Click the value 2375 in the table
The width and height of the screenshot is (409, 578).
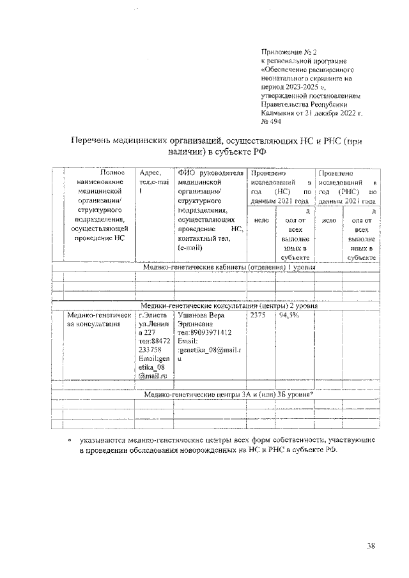point(258,316)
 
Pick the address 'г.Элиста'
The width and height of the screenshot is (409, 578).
point(153,316)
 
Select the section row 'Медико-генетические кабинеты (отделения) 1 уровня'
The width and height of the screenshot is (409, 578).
point(229,267)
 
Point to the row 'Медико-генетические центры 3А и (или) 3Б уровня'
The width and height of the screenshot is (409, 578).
point(228,394)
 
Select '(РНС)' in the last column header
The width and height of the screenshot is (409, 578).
point(348,192)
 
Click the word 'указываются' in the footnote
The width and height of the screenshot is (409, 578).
point(102,440)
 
